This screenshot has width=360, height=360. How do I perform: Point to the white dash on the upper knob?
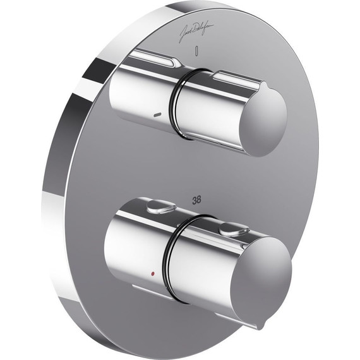(x=158, y=115)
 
